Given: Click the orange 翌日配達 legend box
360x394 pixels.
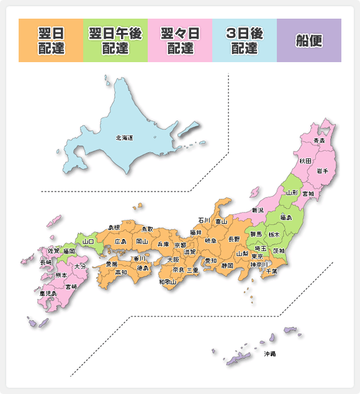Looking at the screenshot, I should (51, 40).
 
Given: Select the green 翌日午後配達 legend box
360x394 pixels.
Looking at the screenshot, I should (115, 40).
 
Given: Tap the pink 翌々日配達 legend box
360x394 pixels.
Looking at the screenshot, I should (180, 40).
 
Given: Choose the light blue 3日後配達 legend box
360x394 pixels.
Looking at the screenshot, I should (245, 40).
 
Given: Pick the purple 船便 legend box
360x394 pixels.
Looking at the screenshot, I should (309, 40).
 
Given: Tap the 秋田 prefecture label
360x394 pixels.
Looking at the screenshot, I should (305, 161).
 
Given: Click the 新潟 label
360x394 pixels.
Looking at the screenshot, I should (258, 210).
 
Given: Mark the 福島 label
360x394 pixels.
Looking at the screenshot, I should (286, 218).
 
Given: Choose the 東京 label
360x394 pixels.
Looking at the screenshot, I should (257, 256).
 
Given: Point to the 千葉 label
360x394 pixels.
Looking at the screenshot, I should (271, 271).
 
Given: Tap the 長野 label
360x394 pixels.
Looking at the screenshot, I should (234, 239).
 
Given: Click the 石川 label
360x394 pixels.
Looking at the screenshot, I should (204, 220).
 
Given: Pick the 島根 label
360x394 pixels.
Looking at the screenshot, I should (114, 227).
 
